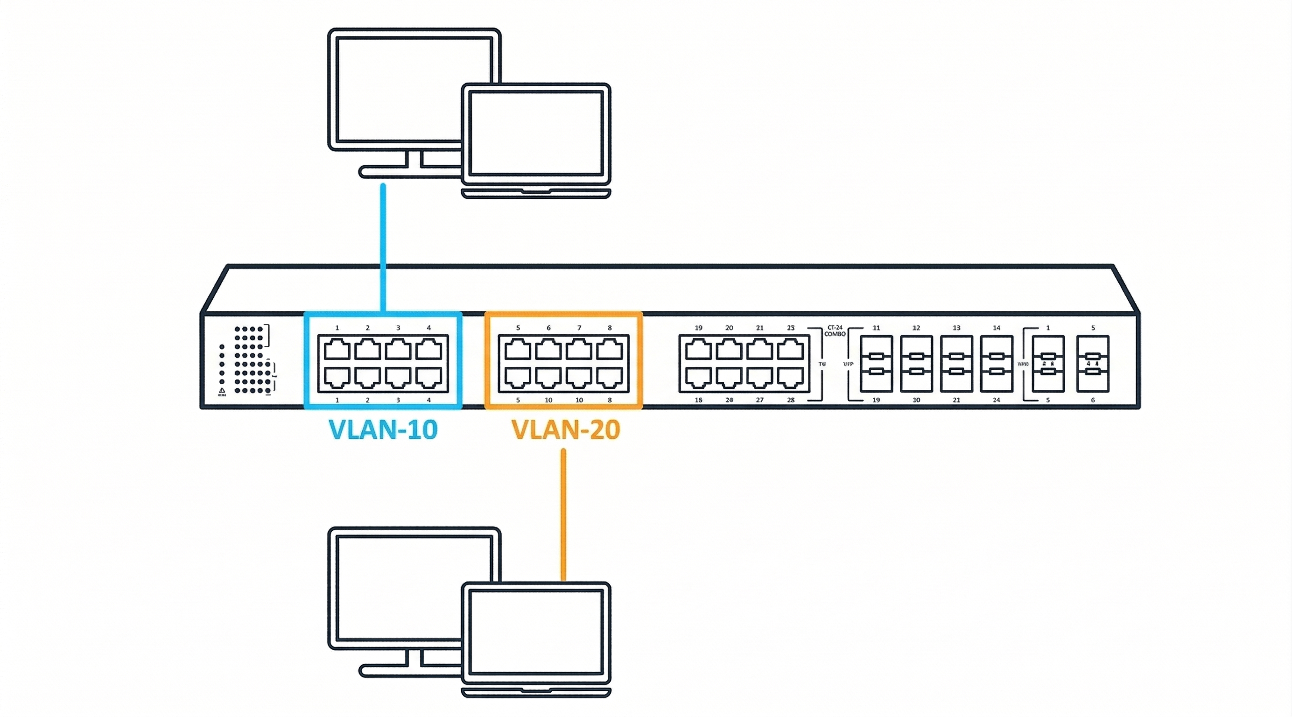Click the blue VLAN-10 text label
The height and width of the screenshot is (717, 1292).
point(383,429)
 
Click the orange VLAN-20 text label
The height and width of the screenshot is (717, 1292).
point(565,429)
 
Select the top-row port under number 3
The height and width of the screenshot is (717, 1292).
point(398,349)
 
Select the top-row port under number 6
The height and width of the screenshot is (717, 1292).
point(548,349)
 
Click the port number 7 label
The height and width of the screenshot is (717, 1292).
point(579,328)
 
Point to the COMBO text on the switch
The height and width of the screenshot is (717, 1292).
point(835,334)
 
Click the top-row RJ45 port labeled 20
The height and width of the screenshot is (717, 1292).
point(729,349)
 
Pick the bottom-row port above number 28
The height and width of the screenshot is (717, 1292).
point(790,378)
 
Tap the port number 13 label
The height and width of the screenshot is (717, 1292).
point(956,328)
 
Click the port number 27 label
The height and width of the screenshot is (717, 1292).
point(760,400)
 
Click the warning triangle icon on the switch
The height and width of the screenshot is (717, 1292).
point(222,390)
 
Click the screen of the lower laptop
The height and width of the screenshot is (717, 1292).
point(536,631)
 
